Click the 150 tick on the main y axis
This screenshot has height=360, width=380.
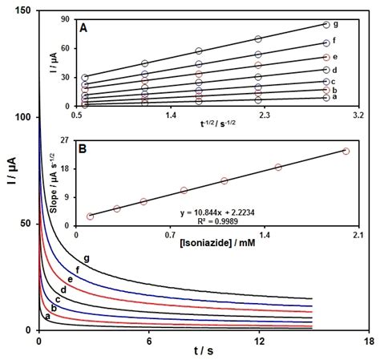[22, 10]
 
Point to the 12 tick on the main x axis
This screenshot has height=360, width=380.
[258, 341]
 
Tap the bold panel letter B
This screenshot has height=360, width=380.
[83, 149]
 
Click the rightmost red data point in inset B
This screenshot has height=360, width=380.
[346, 151]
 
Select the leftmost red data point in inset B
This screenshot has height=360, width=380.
[91, 216]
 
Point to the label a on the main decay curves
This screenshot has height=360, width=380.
[47, 317]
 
